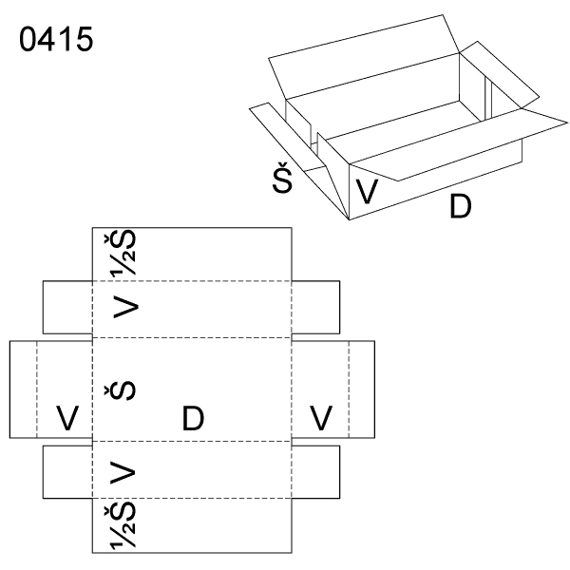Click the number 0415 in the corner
54,42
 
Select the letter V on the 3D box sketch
368,192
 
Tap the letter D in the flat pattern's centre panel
193,417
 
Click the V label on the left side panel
66,417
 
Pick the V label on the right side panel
321,417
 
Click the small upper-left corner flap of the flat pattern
67,307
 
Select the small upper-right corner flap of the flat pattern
315,307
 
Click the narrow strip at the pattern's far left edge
23,389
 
